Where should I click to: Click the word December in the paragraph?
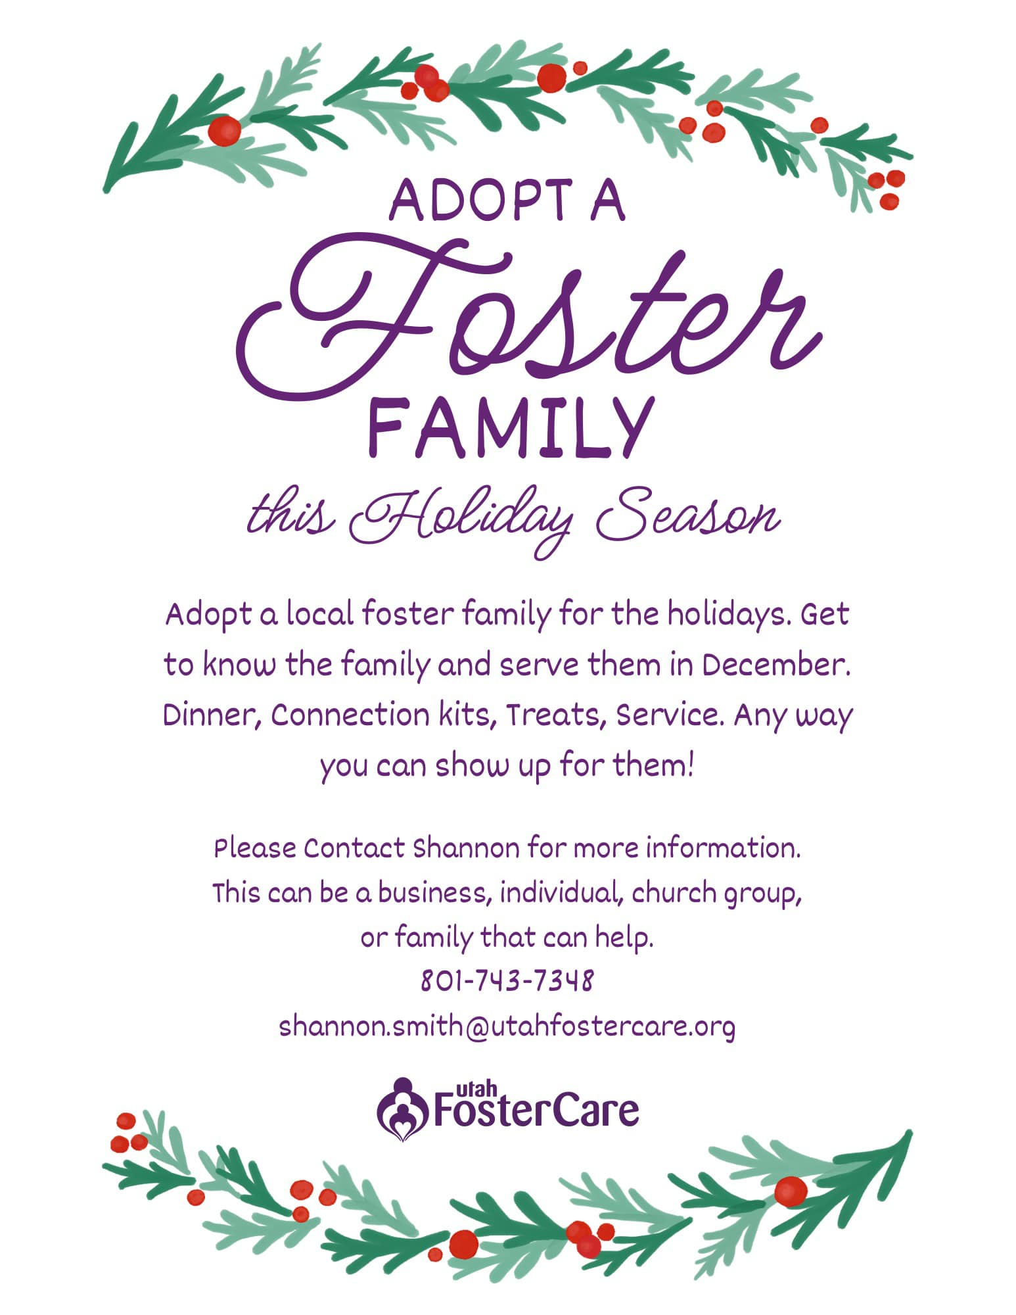775,665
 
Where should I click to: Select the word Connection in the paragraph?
350,715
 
